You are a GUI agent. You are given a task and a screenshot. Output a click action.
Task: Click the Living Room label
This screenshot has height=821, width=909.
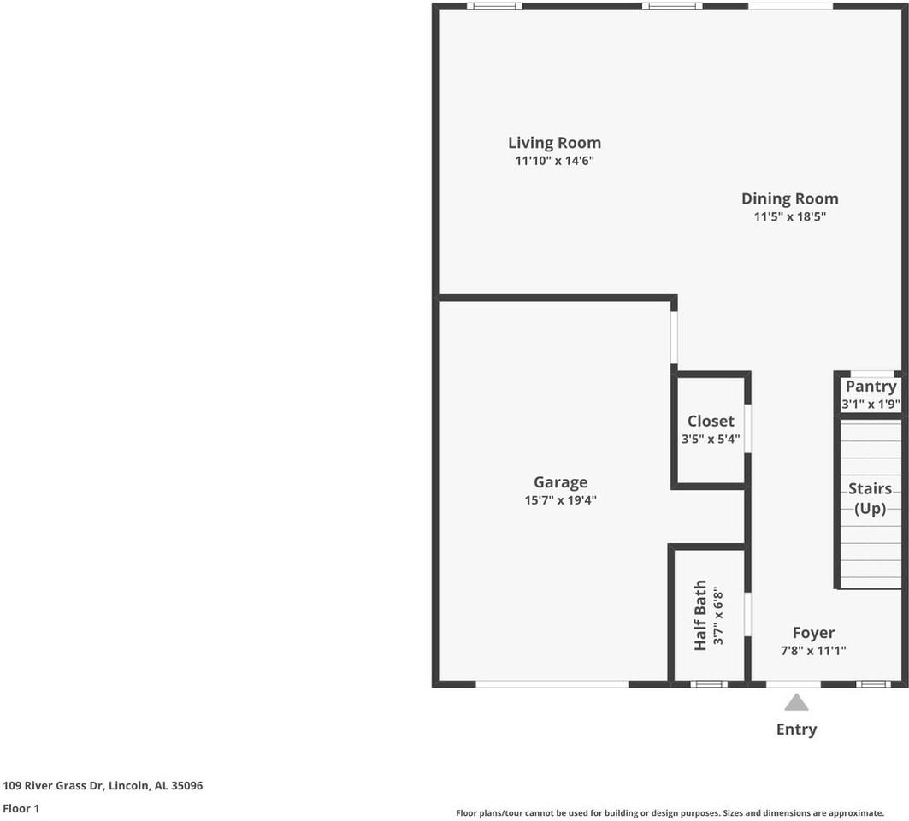[x=554, y=143]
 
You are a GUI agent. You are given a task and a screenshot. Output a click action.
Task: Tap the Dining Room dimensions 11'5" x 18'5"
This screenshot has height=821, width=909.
[x=789, y=217]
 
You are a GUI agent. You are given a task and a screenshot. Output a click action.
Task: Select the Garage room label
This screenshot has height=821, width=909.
[x=560, y=482]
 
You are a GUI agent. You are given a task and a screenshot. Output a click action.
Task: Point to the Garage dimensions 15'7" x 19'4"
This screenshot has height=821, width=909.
[x=560, y=500]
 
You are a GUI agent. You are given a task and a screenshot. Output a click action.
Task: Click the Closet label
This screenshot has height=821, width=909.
[x=711, y=421]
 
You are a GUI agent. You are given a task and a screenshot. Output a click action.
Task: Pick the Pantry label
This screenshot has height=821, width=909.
[x=871, y=387]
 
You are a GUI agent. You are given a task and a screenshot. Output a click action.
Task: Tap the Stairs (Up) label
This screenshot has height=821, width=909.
[x=870, y=499]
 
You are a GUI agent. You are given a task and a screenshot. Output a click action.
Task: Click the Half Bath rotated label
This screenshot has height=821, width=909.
[x=700, y=615]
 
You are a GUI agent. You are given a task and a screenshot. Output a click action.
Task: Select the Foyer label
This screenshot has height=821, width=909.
[x=813, y=633]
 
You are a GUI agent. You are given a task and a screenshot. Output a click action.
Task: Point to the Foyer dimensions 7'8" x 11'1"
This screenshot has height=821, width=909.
[x=813, y=651]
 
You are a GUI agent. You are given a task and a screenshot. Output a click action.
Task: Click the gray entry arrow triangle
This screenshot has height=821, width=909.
[x=796, y=703]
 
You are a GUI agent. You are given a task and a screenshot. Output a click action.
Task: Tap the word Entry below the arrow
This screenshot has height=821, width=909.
[x=796, y=729]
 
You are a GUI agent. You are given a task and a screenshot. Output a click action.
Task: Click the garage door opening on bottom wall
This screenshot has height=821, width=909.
[x=552, y=684]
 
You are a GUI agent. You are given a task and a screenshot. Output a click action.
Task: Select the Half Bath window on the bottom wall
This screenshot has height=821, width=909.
[x=709, y=684]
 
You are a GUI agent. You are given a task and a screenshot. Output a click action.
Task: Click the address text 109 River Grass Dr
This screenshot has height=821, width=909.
[x=103, y=785]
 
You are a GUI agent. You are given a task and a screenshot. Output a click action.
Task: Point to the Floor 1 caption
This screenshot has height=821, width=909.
[x=21, y=808]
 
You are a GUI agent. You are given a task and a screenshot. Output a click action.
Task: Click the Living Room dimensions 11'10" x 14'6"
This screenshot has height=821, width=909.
[x=554, y=161]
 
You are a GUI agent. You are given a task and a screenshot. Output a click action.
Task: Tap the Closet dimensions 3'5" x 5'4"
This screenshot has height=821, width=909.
[x=711, y=440]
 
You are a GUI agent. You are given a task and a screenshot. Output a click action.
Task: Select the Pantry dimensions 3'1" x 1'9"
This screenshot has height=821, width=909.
[x=871, y=405]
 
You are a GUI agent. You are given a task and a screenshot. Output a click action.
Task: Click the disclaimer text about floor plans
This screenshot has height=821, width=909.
[x=670, y=813]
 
